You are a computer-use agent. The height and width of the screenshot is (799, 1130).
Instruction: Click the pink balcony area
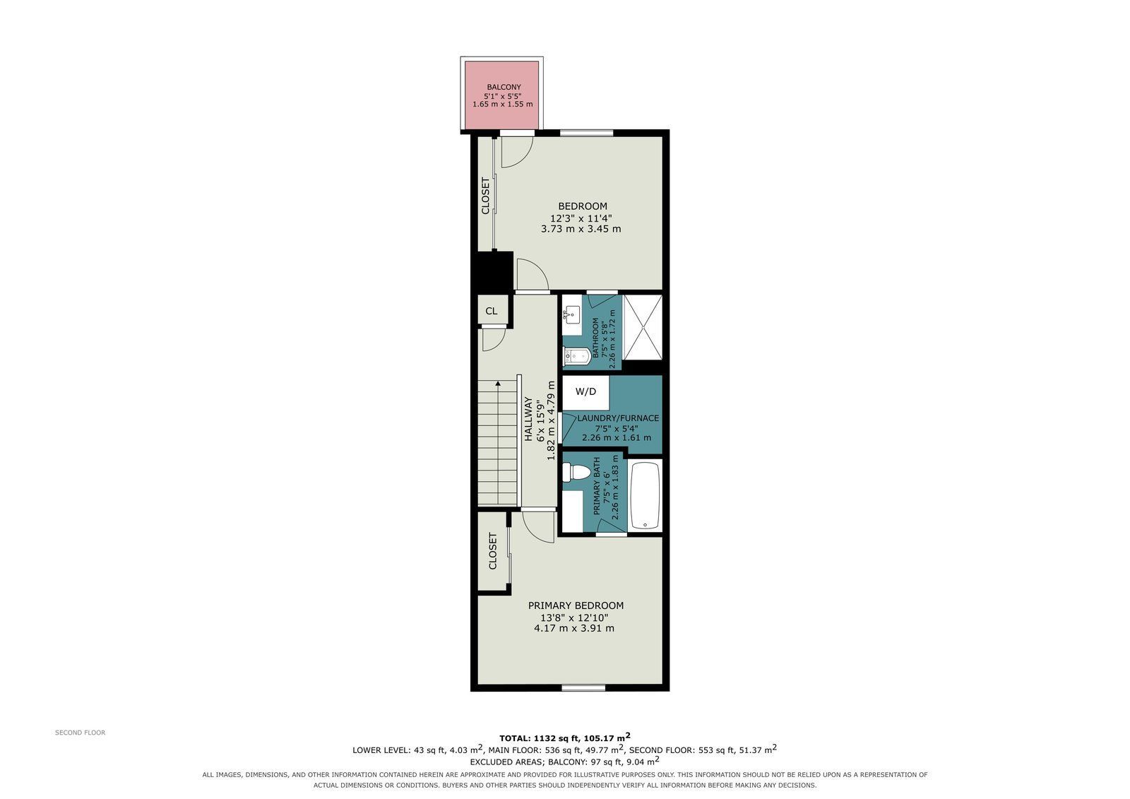(501, 95)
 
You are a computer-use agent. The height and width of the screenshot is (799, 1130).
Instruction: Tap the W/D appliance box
(585, 392)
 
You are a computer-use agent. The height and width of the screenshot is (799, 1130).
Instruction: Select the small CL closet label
(492, 311)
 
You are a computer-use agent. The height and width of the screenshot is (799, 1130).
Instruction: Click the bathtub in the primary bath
(646, 495)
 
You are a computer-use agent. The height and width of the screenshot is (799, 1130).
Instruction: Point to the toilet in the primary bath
(576, 473)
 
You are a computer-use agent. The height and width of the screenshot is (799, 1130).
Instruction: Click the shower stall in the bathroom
(643, 328)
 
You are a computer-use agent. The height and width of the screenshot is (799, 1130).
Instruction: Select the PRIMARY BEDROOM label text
(576, 605)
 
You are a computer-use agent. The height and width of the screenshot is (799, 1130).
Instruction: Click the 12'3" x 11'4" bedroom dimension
(581, 218)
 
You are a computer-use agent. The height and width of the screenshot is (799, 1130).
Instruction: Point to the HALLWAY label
(528, 419)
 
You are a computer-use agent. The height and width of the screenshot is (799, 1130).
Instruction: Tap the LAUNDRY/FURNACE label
(618, 418)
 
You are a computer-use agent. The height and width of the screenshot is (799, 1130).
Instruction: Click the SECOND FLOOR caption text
(81, 733)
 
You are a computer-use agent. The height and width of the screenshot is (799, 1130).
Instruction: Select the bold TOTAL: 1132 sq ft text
(540, 738)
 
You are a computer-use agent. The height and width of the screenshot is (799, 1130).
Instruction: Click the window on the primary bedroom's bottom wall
(583, 687)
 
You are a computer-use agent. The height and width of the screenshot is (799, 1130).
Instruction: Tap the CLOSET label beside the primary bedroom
(493, 551)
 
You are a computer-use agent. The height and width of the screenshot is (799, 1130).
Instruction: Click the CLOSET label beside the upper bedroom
(485, 195)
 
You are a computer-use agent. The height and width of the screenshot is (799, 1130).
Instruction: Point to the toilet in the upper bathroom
(576, 356)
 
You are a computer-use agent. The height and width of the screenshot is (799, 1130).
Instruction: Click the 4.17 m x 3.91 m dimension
(574, 629)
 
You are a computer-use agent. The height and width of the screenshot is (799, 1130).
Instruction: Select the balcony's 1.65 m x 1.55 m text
(502, 104)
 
